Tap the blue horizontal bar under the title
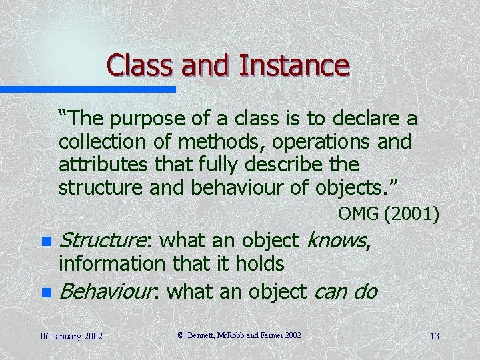87,89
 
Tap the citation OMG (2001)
388,215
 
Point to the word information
112,264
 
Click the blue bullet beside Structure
45,241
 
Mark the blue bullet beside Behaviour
45,292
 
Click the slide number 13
434,335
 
